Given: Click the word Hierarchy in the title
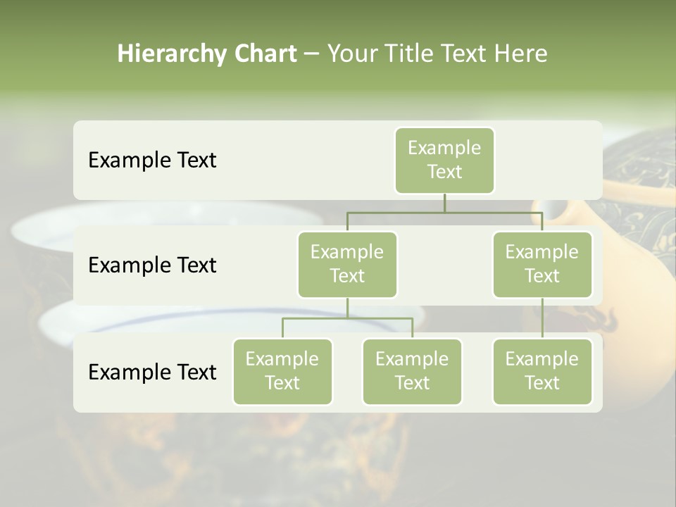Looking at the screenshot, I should [x=169, y=54].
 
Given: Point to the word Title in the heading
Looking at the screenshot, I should [x=403, y=54].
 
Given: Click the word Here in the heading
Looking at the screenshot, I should [x=521, y=54].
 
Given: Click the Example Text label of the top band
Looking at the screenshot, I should [x=152, y=160].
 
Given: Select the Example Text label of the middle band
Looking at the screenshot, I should [x=152, y=265].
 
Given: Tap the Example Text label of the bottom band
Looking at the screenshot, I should [x=152, y=372].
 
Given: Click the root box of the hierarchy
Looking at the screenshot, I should [x=444, y=160].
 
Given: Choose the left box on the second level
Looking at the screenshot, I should [x=347, y=264].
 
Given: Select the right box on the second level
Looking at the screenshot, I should [x=542, y=264].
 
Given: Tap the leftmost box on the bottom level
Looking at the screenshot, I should [x=282, y=371].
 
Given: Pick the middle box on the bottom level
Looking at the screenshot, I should [x=412, y=371].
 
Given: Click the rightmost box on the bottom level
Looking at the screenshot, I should [x=542, y=371].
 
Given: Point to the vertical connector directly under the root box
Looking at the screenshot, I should [x=444, y=203].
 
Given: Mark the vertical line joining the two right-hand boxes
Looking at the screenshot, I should [x=542, y=318].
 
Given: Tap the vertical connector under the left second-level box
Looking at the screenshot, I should [x=347, y=308].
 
